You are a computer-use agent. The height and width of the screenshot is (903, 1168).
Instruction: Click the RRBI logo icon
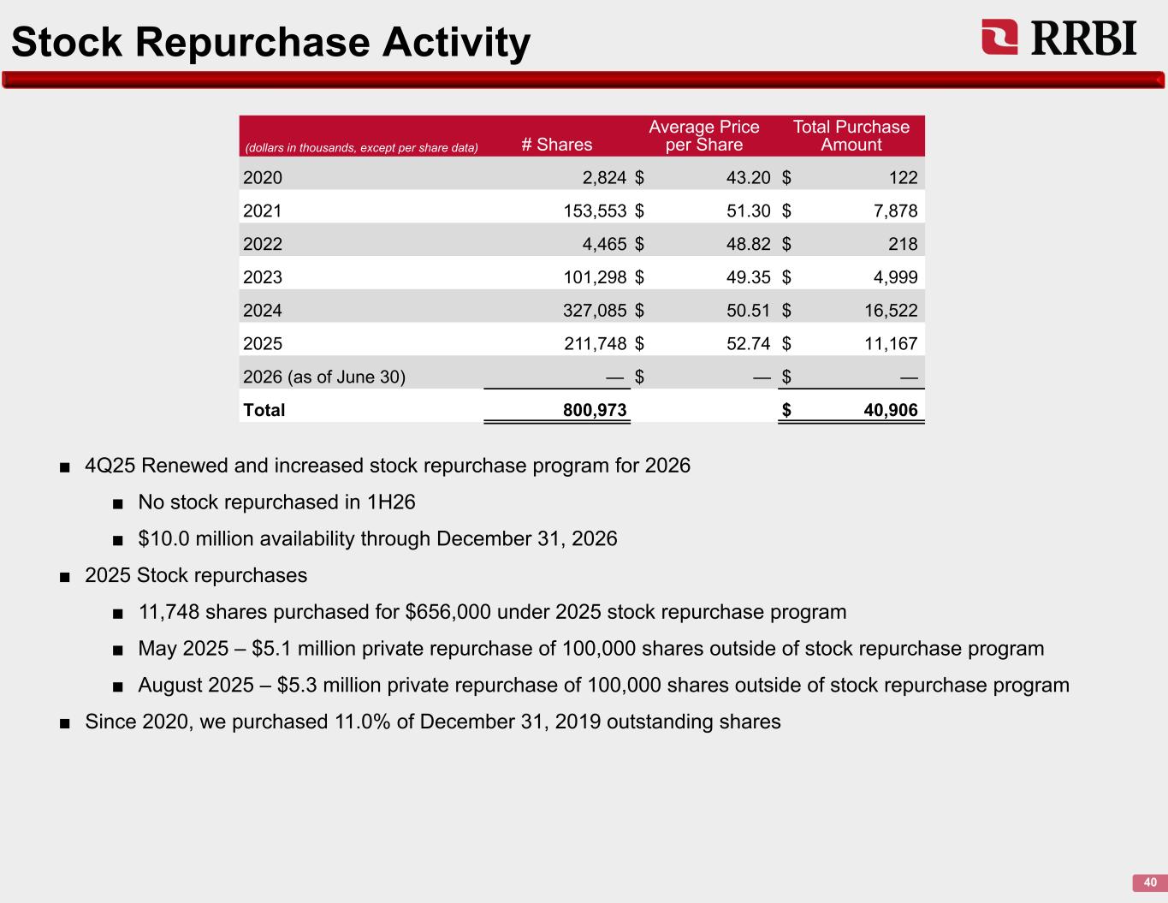pos(999,37)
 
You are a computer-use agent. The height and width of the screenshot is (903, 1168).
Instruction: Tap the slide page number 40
pos(1150,882)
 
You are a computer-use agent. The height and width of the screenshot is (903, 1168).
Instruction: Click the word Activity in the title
pos(456,43)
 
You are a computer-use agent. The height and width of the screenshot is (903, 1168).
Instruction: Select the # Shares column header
pos(556,144)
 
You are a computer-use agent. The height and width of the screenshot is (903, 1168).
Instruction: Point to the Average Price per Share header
pos(703,135)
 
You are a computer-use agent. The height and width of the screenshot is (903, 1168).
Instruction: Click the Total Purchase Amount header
pos(851,135)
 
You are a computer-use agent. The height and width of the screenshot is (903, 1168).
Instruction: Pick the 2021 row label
pos(263,211)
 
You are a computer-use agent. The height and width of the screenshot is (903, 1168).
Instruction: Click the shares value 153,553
pos(595,211)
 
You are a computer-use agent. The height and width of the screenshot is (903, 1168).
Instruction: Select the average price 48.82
pos(748,244)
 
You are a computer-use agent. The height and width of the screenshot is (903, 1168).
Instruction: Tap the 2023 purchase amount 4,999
pos(895,277)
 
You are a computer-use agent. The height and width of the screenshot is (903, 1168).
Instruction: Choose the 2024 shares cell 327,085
pos(595,310)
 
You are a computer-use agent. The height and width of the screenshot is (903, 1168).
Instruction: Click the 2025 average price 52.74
pos(748,343)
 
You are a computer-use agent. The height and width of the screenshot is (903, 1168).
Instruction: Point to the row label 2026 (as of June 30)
pos(324,377)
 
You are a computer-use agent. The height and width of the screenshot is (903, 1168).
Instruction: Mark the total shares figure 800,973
pos(595,410)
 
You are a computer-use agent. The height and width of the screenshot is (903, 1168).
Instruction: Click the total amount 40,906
pos(891,410)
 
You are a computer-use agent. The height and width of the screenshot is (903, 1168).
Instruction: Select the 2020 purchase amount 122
pos(903,177)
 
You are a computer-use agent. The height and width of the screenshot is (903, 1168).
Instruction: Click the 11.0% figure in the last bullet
pos(362,722)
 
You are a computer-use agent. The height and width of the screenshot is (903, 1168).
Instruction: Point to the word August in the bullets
pos(169,686)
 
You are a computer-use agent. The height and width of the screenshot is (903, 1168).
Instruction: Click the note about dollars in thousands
pos(361,148)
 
